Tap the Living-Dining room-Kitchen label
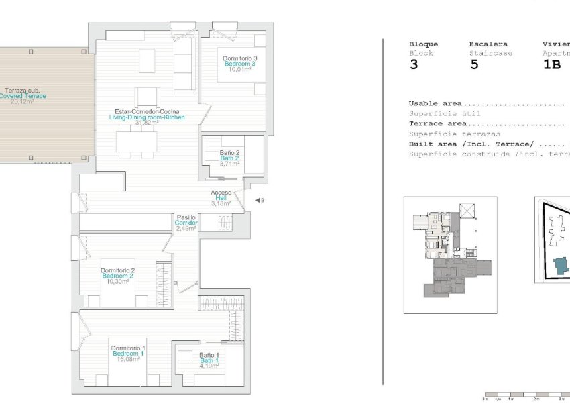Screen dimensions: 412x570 (146, 117)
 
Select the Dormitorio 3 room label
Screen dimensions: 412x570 (240, 58)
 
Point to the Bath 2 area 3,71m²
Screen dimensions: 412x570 (229, 164)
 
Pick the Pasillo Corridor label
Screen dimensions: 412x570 (186, 223)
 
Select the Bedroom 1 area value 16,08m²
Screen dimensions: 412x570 (127, 359)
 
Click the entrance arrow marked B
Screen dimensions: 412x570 (258, 200)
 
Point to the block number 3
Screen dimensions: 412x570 (413, 65)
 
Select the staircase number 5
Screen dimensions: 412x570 (474, 65)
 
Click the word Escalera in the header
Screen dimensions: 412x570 (488, 44)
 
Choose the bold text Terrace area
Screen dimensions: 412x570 (437, 124)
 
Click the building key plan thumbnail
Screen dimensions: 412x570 (450, 254)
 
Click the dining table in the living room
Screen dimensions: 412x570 (137, 141)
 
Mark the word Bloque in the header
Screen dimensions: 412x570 (423, 44)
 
